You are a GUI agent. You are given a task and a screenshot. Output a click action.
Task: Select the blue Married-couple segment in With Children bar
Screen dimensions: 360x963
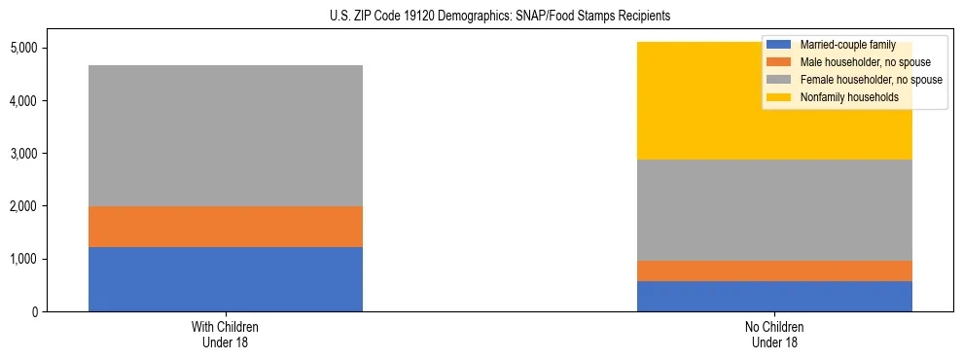click(x=226, y=279)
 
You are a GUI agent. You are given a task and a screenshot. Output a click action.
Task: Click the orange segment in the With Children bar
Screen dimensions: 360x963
click(x=226, y=227)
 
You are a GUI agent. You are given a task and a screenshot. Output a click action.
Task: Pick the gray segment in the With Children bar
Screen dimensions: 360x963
click(x=226, y=135)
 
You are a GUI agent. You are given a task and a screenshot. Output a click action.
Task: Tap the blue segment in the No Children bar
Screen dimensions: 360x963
click(x=774, y=296)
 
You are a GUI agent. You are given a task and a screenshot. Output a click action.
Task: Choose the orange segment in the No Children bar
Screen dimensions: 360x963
click(x=774, y=270)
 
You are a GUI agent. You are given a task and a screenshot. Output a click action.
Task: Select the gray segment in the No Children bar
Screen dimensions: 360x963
click(x=774, y=210)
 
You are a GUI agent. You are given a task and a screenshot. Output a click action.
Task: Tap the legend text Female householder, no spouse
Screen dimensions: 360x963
click(x=866, y=80)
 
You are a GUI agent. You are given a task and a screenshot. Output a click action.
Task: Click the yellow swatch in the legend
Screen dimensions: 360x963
click(x=779, y=97)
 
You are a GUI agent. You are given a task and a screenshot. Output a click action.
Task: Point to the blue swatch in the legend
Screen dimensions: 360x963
click(x=779, y=45)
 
